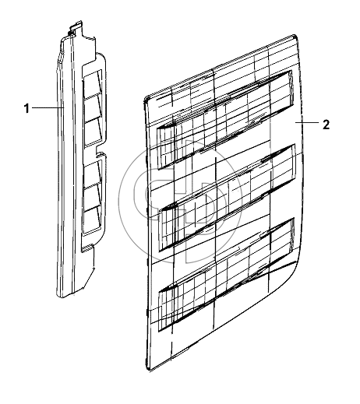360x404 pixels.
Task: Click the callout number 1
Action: (26, 108)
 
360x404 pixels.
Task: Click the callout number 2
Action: (326, 125)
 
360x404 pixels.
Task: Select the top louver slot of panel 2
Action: (225, 119)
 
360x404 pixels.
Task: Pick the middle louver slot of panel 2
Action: (227, 197)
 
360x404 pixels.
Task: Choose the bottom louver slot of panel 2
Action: (226, 275)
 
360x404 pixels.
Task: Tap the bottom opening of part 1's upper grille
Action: (93, 132)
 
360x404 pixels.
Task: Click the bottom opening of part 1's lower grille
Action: (93, 220)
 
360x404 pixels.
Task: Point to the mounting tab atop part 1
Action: (76, 27)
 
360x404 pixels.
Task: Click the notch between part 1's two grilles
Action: (99, 151)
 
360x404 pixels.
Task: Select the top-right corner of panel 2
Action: (295, 36)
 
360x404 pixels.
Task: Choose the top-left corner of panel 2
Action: (146, 98)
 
